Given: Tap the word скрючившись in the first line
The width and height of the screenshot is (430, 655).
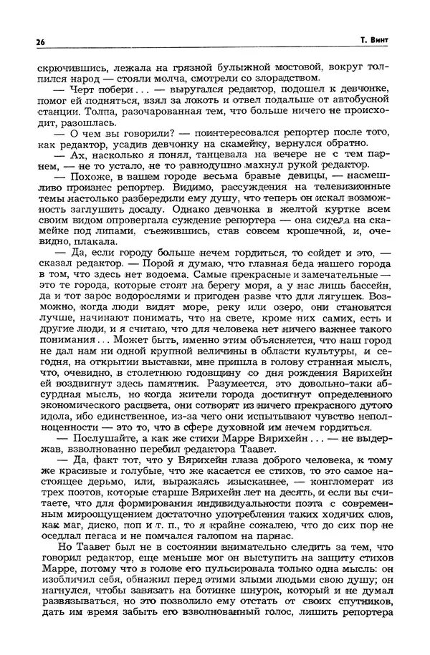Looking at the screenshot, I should (x=62, y=67).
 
